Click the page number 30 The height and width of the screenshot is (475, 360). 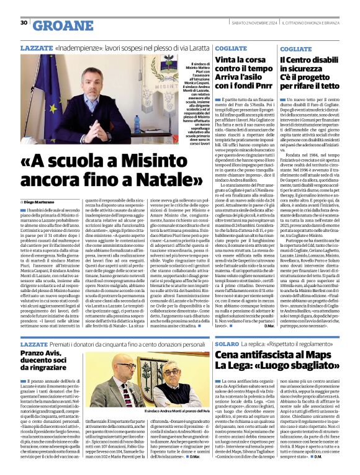[x=24, y=22]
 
